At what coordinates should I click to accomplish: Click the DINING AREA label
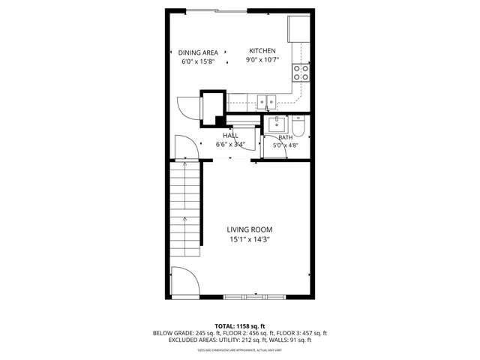[198, 52]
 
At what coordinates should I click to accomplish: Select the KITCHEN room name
[262, 52]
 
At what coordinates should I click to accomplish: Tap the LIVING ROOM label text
[250, 230]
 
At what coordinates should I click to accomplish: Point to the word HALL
[230, 136]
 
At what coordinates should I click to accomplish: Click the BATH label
[286, 137]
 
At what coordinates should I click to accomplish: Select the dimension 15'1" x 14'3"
[250, 240]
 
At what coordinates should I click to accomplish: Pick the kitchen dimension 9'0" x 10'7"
[262, 61]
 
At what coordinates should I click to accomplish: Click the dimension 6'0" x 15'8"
[198, 62]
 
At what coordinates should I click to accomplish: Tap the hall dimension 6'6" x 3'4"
[230, 145]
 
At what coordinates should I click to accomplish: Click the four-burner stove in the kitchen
[301, 73]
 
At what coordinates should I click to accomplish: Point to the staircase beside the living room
[184, 210]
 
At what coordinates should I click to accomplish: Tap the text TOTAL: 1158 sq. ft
[239, 326]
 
